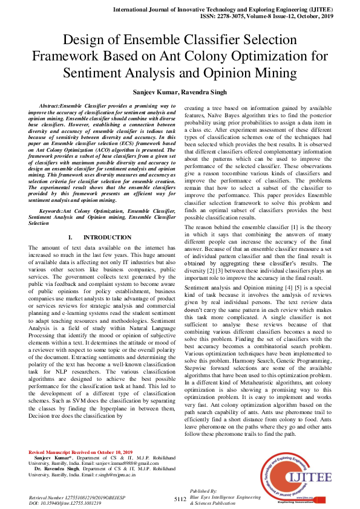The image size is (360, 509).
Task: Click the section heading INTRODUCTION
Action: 107,238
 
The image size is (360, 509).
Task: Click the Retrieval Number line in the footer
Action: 76,496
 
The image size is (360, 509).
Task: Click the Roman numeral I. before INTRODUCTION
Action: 71,238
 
